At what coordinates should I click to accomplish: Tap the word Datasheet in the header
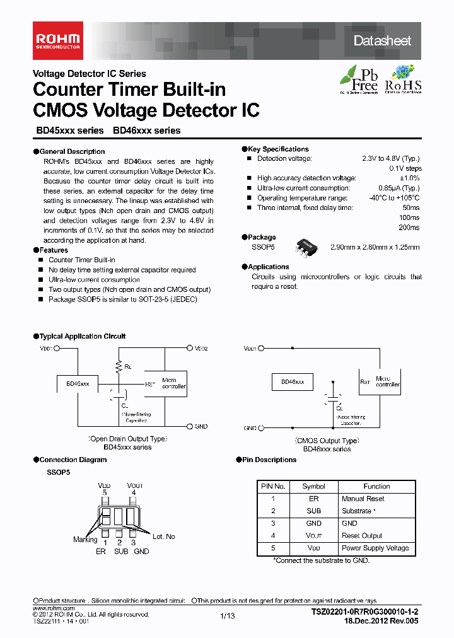(382, 41)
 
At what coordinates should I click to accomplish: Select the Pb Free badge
(359, 79)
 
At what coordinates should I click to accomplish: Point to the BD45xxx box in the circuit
(78, 383)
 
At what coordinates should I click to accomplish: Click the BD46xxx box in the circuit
(292, 382)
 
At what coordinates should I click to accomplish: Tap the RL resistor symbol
(118, 366)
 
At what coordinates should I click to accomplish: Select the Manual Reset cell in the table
(363, 499)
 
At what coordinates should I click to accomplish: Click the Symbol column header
(313, 486)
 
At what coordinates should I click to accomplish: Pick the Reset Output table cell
(362, 535)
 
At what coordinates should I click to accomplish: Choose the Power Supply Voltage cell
(375, 548)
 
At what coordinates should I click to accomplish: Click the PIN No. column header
(273, 486)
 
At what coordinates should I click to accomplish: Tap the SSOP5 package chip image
(308, 246)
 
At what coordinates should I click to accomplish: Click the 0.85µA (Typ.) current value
(399, 188)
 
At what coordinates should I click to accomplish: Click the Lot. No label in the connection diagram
(164, 536)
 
